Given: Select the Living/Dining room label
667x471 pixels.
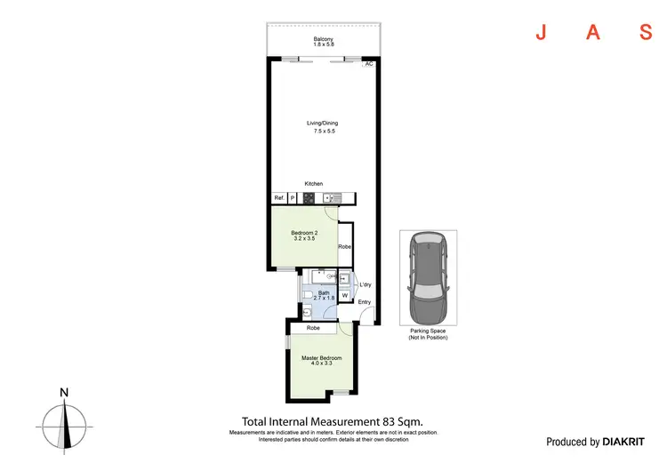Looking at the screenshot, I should tap(323, 127).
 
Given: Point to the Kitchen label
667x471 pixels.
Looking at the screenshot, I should tap(314, 184).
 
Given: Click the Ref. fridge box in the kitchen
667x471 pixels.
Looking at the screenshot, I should tap(278, 198).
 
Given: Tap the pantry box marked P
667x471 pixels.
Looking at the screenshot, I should tap(293, 198).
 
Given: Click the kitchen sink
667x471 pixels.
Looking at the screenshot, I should tap(331, 198).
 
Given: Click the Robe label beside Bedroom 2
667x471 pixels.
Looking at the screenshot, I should tap(345, 246).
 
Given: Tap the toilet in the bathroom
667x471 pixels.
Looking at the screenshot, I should tap(306, 293).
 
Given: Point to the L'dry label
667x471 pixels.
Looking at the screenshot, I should tap(366, 284).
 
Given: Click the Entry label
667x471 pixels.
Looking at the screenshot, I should tap(365, 302).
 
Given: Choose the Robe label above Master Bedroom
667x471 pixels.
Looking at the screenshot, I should tap(313, 329).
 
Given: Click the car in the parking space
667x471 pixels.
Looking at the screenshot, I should tap(428, 279).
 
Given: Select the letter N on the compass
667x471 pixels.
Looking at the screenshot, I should tap(64, 392).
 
